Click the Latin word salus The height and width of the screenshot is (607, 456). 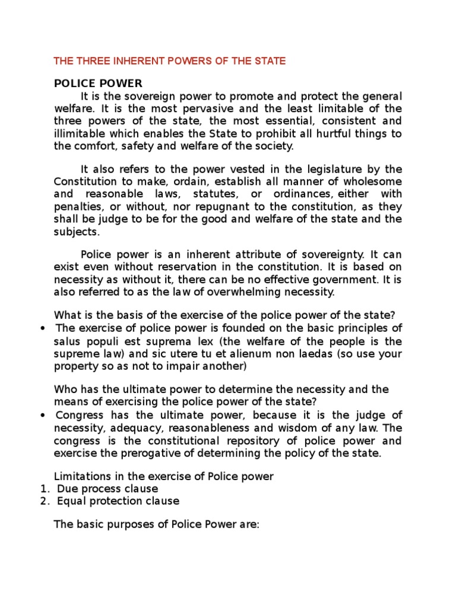pos(66,341)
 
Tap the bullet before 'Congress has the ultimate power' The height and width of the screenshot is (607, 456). pos(43,415)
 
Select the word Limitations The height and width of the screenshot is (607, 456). pos(78,476)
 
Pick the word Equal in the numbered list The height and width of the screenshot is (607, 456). pos(70,501)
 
